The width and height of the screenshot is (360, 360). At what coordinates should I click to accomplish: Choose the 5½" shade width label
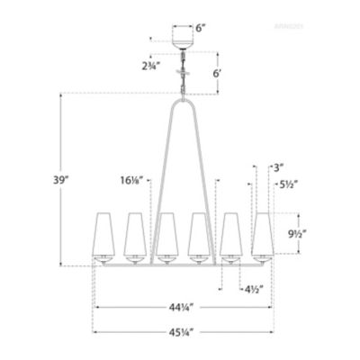coord(288,186)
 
